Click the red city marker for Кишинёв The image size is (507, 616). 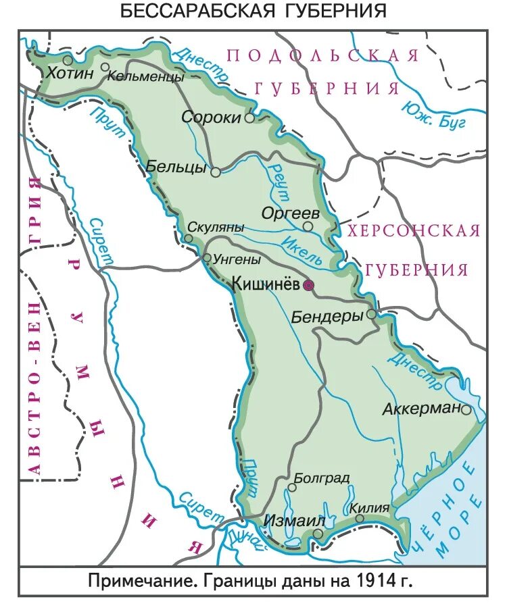[308, 286]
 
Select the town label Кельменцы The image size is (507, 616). [145, 77]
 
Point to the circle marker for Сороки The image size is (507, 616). [249, 118]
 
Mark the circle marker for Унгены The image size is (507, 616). [207, 258]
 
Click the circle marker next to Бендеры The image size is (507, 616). [371, 315]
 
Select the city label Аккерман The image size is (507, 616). [421, 409]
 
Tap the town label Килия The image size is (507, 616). [370, 507]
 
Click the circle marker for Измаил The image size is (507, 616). [318, 534]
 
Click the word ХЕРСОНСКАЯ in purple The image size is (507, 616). [414, 230]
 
